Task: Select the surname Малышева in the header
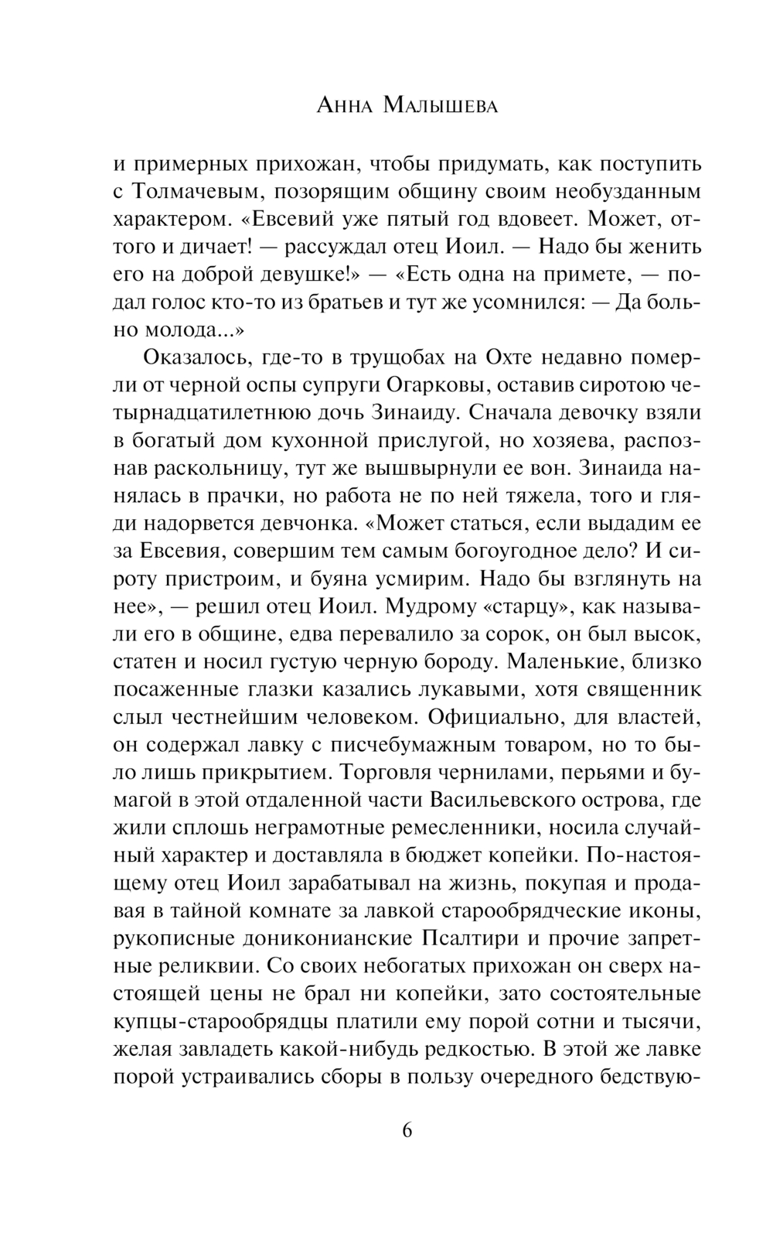pyautogui.click(x=441, y=107)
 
